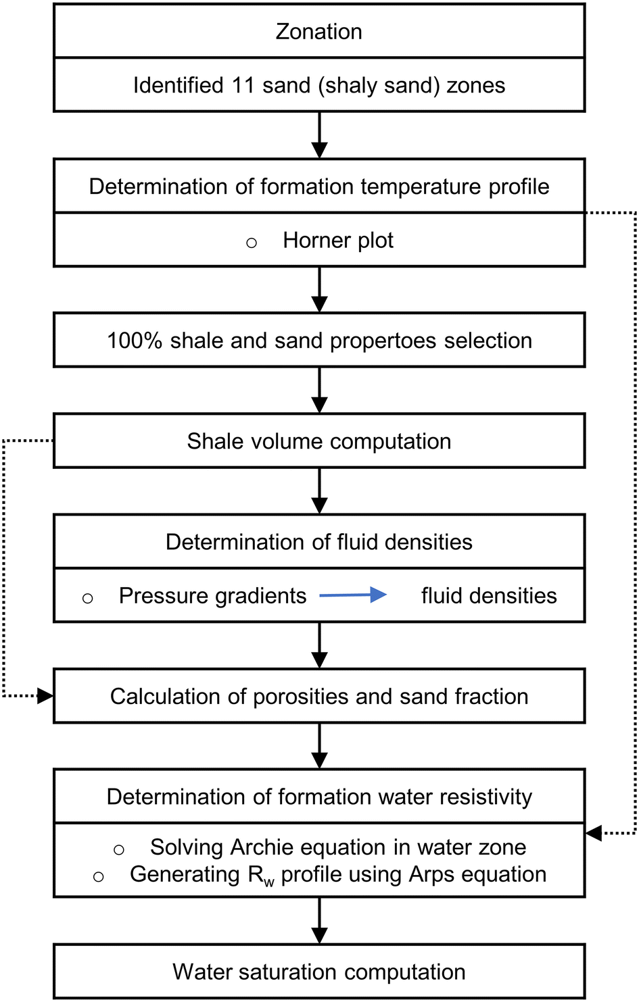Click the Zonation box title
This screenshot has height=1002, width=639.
pos(318,32)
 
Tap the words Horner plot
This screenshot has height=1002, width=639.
pos(337,241)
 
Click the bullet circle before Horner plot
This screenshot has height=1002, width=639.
pos(252,243)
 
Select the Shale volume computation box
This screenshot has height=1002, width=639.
pos(318,441)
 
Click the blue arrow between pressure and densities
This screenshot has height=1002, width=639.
pos(353,595)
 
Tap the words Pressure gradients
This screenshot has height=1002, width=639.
pos(212,596)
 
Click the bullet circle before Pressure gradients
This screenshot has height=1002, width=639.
pos(87,598)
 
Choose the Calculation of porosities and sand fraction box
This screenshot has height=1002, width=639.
pos(318,697)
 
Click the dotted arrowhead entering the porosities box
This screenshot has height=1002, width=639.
pos(45,696)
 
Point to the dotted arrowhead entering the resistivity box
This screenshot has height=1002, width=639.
pos(594,833)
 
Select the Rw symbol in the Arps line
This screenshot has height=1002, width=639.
pos(261,876)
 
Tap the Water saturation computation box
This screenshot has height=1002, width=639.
pos(318,972)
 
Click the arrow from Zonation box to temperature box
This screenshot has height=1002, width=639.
pos(319,135)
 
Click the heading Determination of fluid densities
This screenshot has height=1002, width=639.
pos(318,542)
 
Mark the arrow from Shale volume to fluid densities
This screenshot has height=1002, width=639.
pos(319,491)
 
